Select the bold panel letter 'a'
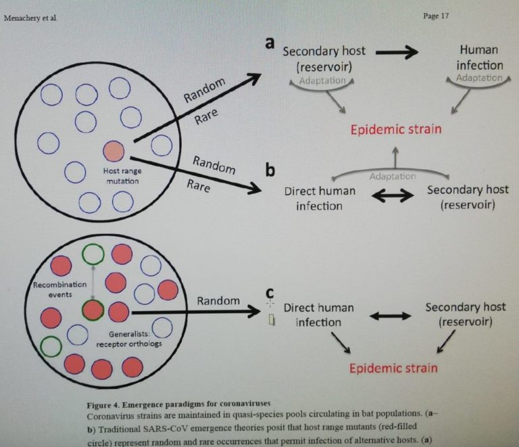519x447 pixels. (269, 43)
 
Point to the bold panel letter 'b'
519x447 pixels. (270, 169)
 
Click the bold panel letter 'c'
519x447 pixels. (270, 293)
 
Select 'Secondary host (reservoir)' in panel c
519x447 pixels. (466, 314)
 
